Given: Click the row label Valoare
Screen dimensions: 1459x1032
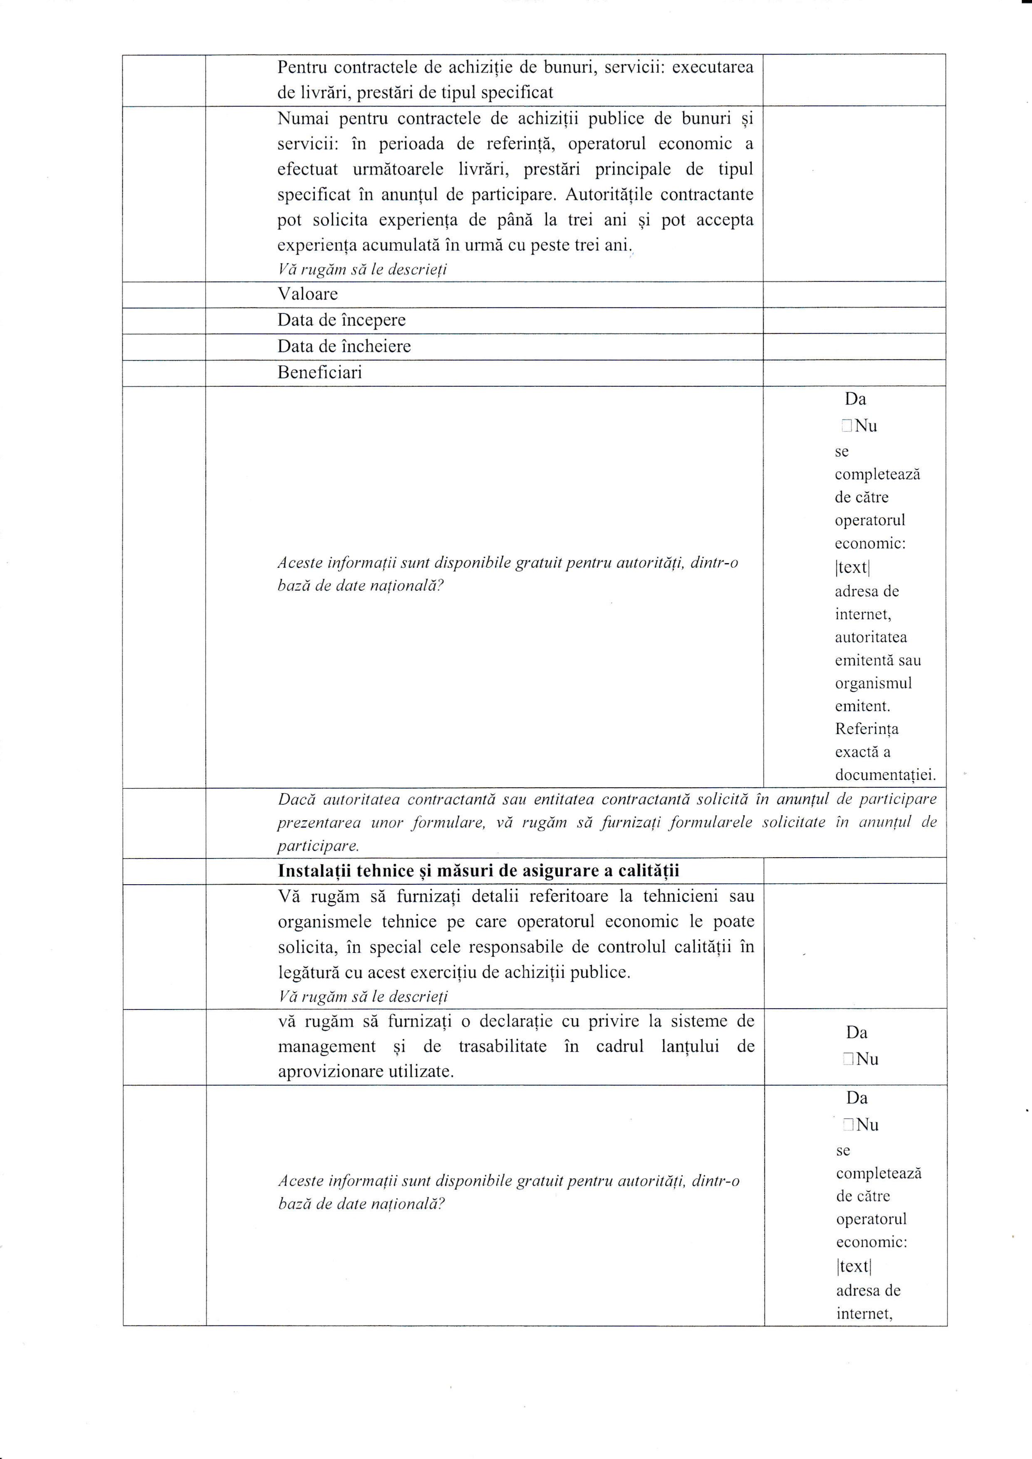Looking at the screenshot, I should [x=307, y=294].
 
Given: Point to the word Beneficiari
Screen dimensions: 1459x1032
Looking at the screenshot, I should [x=319, y=372].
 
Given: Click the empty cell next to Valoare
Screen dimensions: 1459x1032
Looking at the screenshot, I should [x=853, y=294].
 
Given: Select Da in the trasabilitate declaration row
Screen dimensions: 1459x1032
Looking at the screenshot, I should [x=856, y=1033].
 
